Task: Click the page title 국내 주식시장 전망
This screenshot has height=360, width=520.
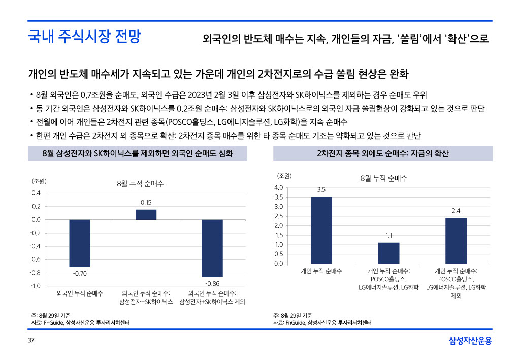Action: (x=84, y=37)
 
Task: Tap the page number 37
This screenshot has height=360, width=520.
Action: (x=31, y=340)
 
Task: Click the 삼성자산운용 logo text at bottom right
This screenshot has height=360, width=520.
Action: (x=470, y=340)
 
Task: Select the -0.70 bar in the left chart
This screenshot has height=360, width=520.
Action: (x=80, y=243)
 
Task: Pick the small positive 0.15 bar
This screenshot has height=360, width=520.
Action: (x=146, y=214)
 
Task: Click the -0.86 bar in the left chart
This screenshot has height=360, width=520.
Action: (x=212, y=248)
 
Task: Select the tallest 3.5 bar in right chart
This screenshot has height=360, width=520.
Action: (x=321, y=230)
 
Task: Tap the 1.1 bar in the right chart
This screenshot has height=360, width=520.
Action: (x=388, y=253)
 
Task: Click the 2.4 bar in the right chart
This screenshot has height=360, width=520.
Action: (x=456, y=240)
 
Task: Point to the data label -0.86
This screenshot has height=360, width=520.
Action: (x=212, y=283)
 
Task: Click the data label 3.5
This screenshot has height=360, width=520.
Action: (x=321, y=190)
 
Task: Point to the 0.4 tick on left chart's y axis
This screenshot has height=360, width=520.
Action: (x=36, y=193)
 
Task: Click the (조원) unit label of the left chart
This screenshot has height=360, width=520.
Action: (x=39, y=181)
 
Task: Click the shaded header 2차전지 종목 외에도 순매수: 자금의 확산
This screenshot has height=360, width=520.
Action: (x=383, y=153)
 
